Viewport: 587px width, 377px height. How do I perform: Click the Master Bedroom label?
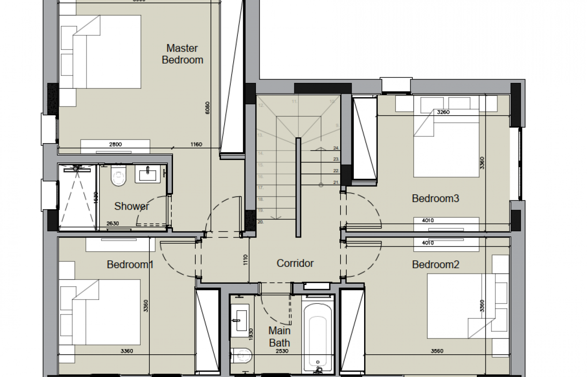(x=182, y=54)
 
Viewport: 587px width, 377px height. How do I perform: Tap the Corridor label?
(x=295, y=263)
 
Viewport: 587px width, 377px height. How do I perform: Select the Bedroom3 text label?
(x=435, y=198)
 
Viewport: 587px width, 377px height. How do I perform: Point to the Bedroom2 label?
(x=435, y=264)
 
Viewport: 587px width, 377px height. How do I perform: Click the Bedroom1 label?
(x=130, y=264)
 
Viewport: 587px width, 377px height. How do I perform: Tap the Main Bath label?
(x=279, y=337)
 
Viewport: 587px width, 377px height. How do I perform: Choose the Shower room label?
(x=131, y=206)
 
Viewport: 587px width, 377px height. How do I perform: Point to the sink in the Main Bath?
(x=239, y=318)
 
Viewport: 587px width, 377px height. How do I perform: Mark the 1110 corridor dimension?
(x=245, y=259)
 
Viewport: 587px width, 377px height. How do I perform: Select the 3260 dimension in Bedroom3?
(x=443, y=112)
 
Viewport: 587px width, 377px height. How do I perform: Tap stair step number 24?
(x=336, y=148)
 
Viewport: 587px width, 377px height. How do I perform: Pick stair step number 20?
(x=260, y=222)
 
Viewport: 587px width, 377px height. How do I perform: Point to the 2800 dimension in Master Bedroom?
(x=115, y=144)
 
